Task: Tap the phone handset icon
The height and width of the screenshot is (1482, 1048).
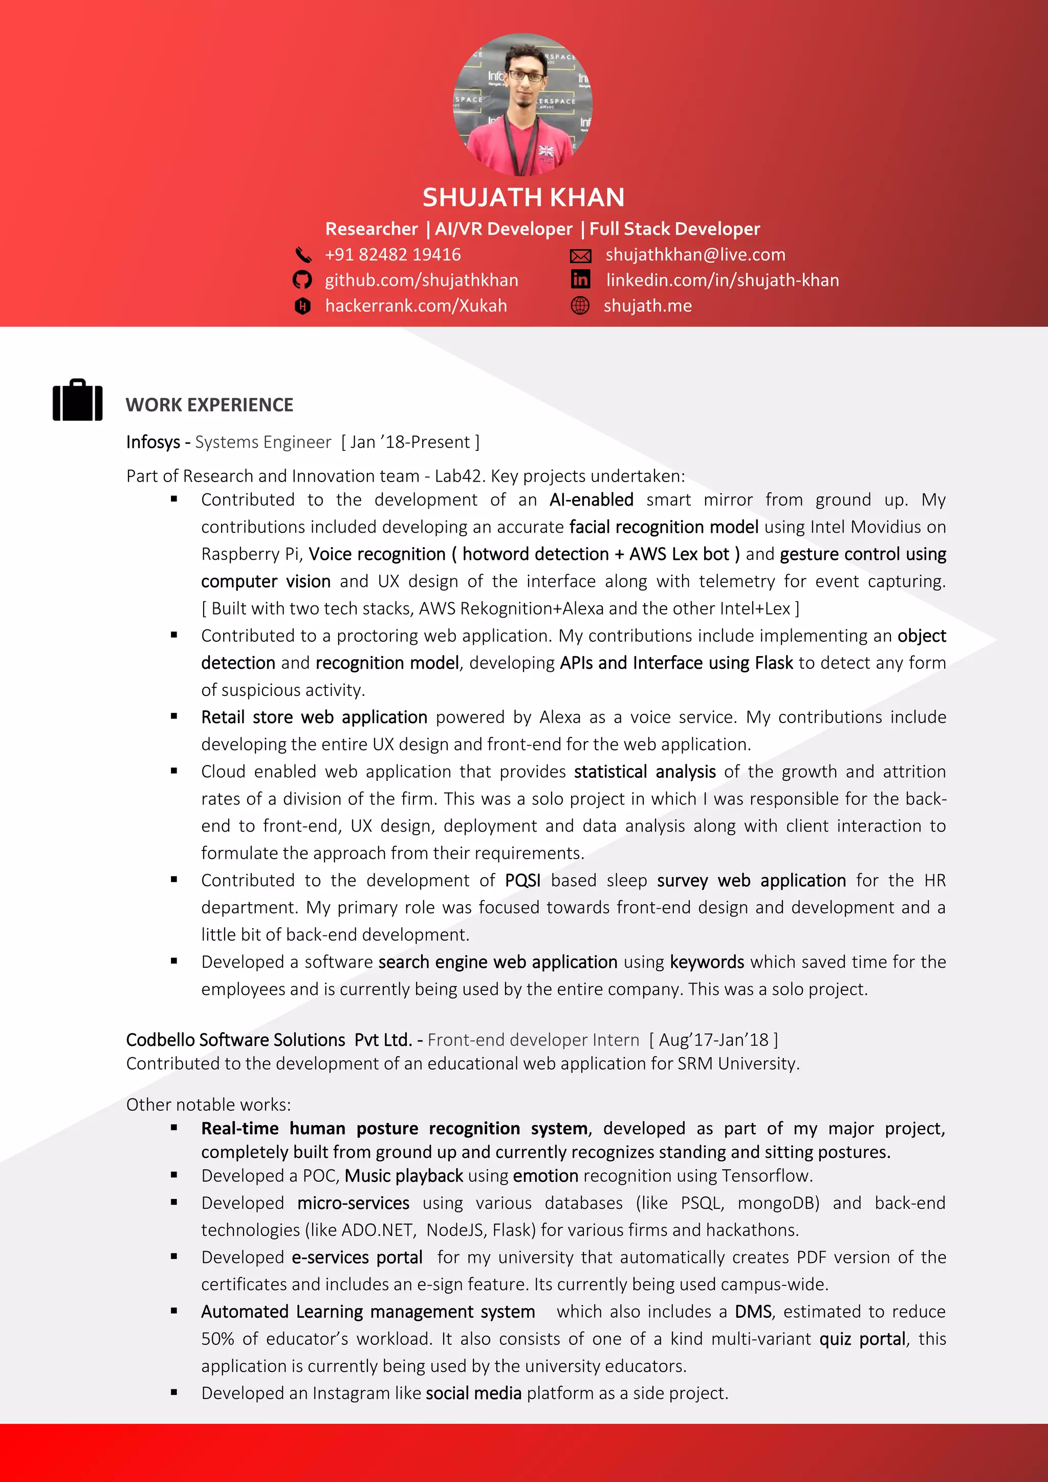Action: [x=302, y=255]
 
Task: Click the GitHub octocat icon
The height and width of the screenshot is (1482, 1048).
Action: [x=302, y=280]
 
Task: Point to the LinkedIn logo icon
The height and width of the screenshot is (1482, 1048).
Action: [x=580, y=279]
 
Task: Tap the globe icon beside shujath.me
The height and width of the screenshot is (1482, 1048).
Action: [x=580, y=306]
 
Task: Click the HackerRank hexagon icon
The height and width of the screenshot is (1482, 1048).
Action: [x=302, y=306]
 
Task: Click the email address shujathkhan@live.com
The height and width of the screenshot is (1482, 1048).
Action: [x=695, y=255]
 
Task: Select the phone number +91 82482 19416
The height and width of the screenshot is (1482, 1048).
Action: [x=392, y=255]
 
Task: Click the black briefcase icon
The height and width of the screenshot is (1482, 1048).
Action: [x=77, y=400]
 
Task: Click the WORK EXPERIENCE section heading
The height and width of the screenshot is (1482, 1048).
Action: [x=209, y=405]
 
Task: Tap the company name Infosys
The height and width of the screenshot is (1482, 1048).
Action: [x=153, y=442]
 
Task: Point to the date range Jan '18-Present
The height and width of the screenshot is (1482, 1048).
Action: [x=410, y=442]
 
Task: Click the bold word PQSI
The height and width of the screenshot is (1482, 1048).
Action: [x=522, y=880]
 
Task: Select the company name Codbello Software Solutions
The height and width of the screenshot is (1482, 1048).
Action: [x=235, y=1040]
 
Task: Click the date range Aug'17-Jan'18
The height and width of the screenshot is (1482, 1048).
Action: [x=713, y=1040]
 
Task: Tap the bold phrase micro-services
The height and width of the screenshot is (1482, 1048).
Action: [x=353, y=1203]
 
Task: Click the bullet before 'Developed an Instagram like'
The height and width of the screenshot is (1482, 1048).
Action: [x=173, y=1393]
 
